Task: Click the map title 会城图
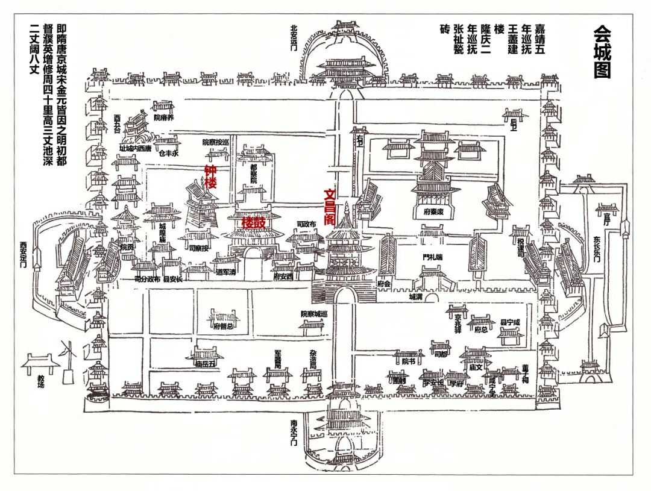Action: click(602, 52)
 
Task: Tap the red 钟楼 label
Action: click(210, 177)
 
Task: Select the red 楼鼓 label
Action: click(254, 222)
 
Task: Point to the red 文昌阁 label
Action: click(330, 207)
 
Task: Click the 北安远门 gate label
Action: click(294, 38)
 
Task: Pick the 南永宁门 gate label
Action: click(294, 433)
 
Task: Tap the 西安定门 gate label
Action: click(24, 255)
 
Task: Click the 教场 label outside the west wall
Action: click(41, 382)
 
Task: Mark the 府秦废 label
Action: click(430, 211)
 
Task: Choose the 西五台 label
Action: click(116, 122)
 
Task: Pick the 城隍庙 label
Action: click(162, 233)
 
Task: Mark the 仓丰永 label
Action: click(169, 153)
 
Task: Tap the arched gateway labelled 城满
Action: click(415, 297)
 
